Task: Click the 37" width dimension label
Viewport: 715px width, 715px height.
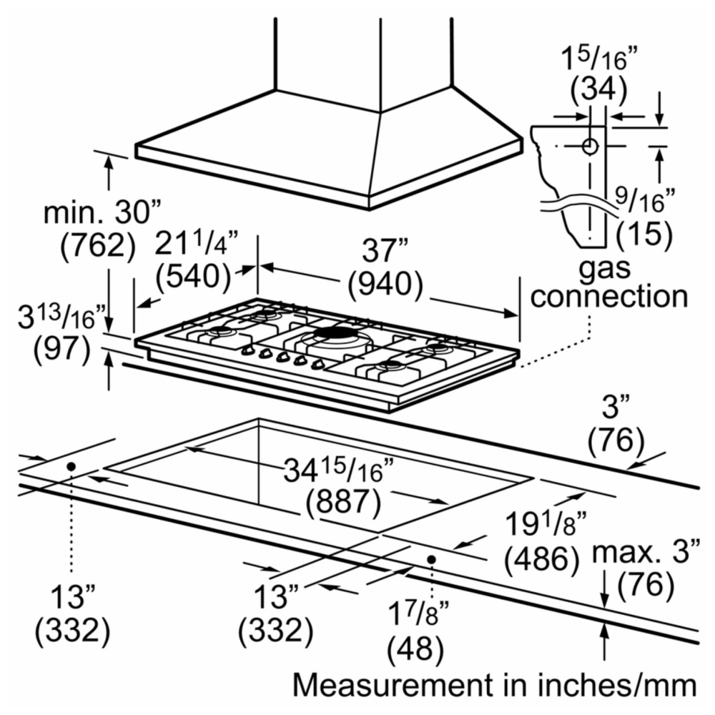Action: click(x=385, y=250)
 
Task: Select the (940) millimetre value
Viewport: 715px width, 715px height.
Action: click(x=385, y=285)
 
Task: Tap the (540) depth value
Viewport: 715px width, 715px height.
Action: click(x=193, y=276)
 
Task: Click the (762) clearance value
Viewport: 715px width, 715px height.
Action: click(x=98, y=245)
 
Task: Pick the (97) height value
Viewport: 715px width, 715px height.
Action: click(x=62, y=350)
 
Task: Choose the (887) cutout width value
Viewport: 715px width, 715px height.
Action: click(x=343, y=502)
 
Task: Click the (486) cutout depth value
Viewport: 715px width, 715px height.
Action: click(x=542, y=558)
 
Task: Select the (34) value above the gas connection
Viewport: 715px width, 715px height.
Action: click(x=598, y=89)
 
